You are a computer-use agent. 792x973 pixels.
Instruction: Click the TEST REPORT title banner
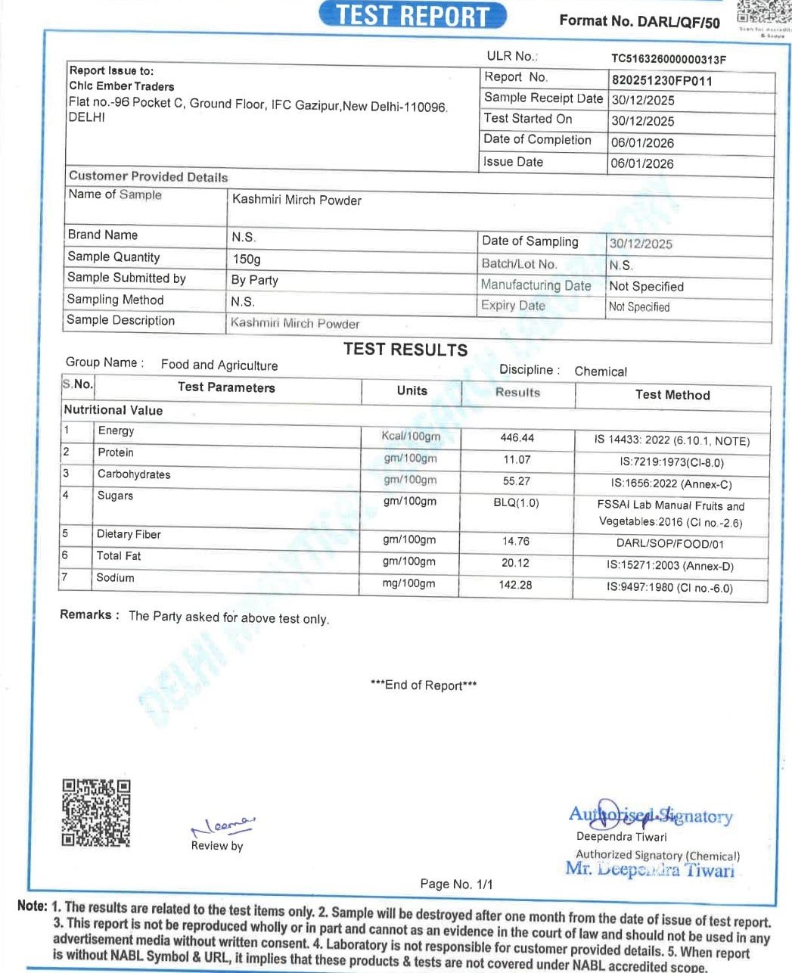412,15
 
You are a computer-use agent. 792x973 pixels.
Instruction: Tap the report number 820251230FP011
662,81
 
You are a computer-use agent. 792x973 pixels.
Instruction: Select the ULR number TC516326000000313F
669,59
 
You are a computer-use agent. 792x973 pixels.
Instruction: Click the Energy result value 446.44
517,438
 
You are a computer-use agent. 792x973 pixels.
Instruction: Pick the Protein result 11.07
517,459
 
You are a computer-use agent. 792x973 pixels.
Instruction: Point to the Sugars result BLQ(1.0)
517,502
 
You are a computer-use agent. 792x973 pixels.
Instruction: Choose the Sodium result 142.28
516,585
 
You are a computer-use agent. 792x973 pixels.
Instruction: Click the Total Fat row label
119,556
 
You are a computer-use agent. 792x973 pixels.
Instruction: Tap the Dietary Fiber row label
129,534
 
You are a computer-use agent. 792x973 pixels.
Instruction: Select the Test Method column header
672,395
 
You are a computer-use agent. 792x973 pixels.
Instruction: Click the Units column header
412,391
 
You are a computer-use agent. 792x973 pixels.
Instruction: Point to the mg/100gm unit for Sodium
409,583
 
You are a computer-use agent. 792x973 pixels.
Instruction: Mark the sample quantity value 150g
247,259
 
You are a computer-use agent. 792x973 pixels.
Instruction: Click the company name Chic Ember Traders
122,86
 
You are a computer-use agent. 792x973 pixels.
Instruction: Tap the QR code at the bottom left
96,813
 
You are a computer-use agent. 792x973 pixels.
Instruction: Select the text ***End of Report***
424,685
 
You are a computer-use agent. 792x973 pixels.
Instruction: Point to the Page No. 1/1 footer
456,884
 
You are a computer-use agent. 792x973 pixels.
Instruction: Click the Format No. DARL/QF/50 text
639,21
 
